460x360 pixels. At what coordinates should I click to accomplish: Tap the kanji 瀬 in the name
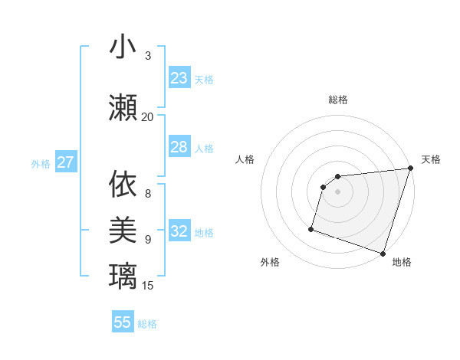pyautogui.click(x=123, y=107)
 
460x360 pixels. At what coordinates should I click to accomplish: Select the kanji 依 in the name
pyautogui.click(x=123, y=184)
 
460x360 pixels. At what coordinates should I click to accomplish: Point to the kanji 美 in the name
pyautogui.click(x=123, y=230)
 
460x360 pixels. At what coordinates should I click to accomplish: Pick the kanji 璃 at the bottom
pyautogui.click(x=123, y=276)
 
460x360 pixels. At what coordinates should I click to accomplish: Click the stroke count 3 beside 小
pyautogui.click(x=148, y=55)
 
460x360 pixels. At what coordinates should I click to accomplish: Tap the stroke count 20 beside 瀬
pyautogui.click(x=147, y=116)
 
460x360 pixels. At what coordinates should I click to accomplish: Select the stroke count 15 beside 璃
pyautogui.click(x=148, y=286)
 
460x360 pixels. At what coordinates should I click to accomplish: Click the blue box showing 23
pyautogui.click(x=179, y=78)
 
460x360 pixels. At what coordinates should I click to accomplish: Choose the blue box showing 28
pyautogui.click(x=179, y=147)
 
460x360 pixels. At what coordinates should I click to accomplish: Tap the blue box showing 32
pyautogui.click(x=179, y=231)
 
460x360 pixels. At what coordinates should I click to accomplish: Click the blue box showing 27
pyautogui.click(x=65, y=162)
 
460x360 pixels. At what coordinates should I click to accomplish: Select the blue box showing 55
pyautogui.click(x=123, y=322)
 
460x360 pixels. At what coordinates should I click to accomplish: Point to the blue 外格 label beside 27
pyautogui.click(x=41, y=163)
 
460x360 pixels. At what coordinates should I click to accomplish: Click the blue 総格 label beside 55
pyautogui.click(x=147, y=324)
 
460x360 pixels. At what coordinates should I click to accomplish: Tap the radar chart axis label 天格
pyautogui.click(x=431, y=159)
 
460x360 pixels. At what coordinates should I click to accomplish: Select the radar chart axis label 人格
pyautogui.click(x=245, y=159)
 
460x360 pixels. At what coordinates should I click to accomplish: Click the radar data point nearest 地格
pyautogui.click(x=383, y=254)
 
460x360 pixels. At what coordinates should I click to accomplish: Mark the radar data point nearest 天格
pyautogui.click(x=410, y=169)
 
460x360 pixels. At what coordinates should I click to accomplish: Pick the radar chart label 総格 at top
pyautogui.click(x=338, y=100)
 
